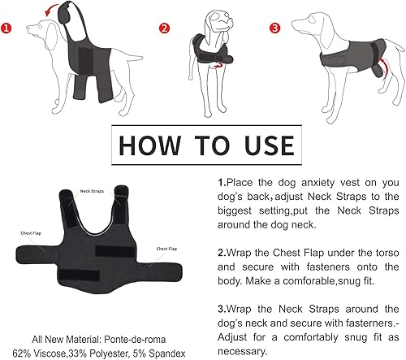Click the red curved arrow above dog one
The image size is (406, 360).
[55, 11]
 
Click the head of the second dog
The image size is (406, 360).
[213, 20]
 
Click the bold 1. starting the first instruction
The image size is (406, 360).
[222, 184]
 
